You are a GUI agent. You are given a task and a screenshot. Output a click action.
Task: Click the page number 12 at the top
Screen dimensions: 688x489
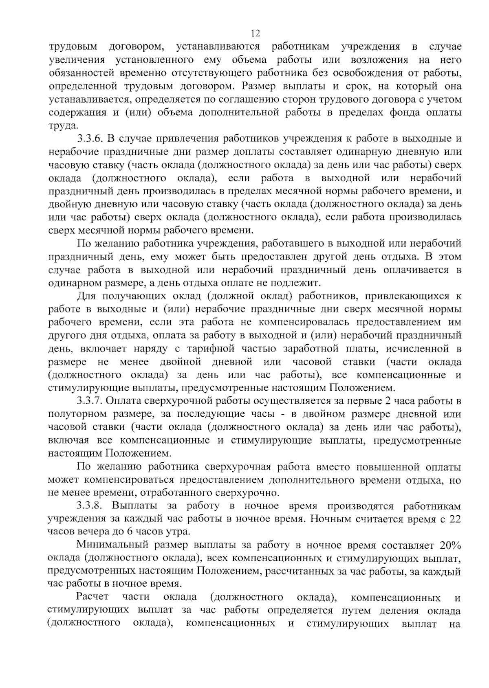(256, 33)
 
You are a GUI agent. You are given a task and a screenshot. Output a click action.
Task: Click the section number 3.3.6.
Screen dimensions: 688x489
(88, 138)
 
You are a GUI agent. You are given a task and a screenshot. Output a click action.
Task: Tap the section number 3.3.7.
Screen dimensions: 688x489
(88, 401)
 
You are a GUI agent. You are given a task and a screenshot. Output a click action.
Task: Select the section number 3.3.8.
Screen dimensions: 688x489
(88, 506)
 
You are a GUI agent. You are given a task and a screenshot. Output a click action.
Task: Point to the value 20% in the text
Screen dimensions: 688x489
(450, 545)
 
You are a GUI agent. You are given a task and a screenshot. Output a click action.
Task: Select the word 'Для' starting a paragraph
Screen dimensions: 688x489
(85, 296)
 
